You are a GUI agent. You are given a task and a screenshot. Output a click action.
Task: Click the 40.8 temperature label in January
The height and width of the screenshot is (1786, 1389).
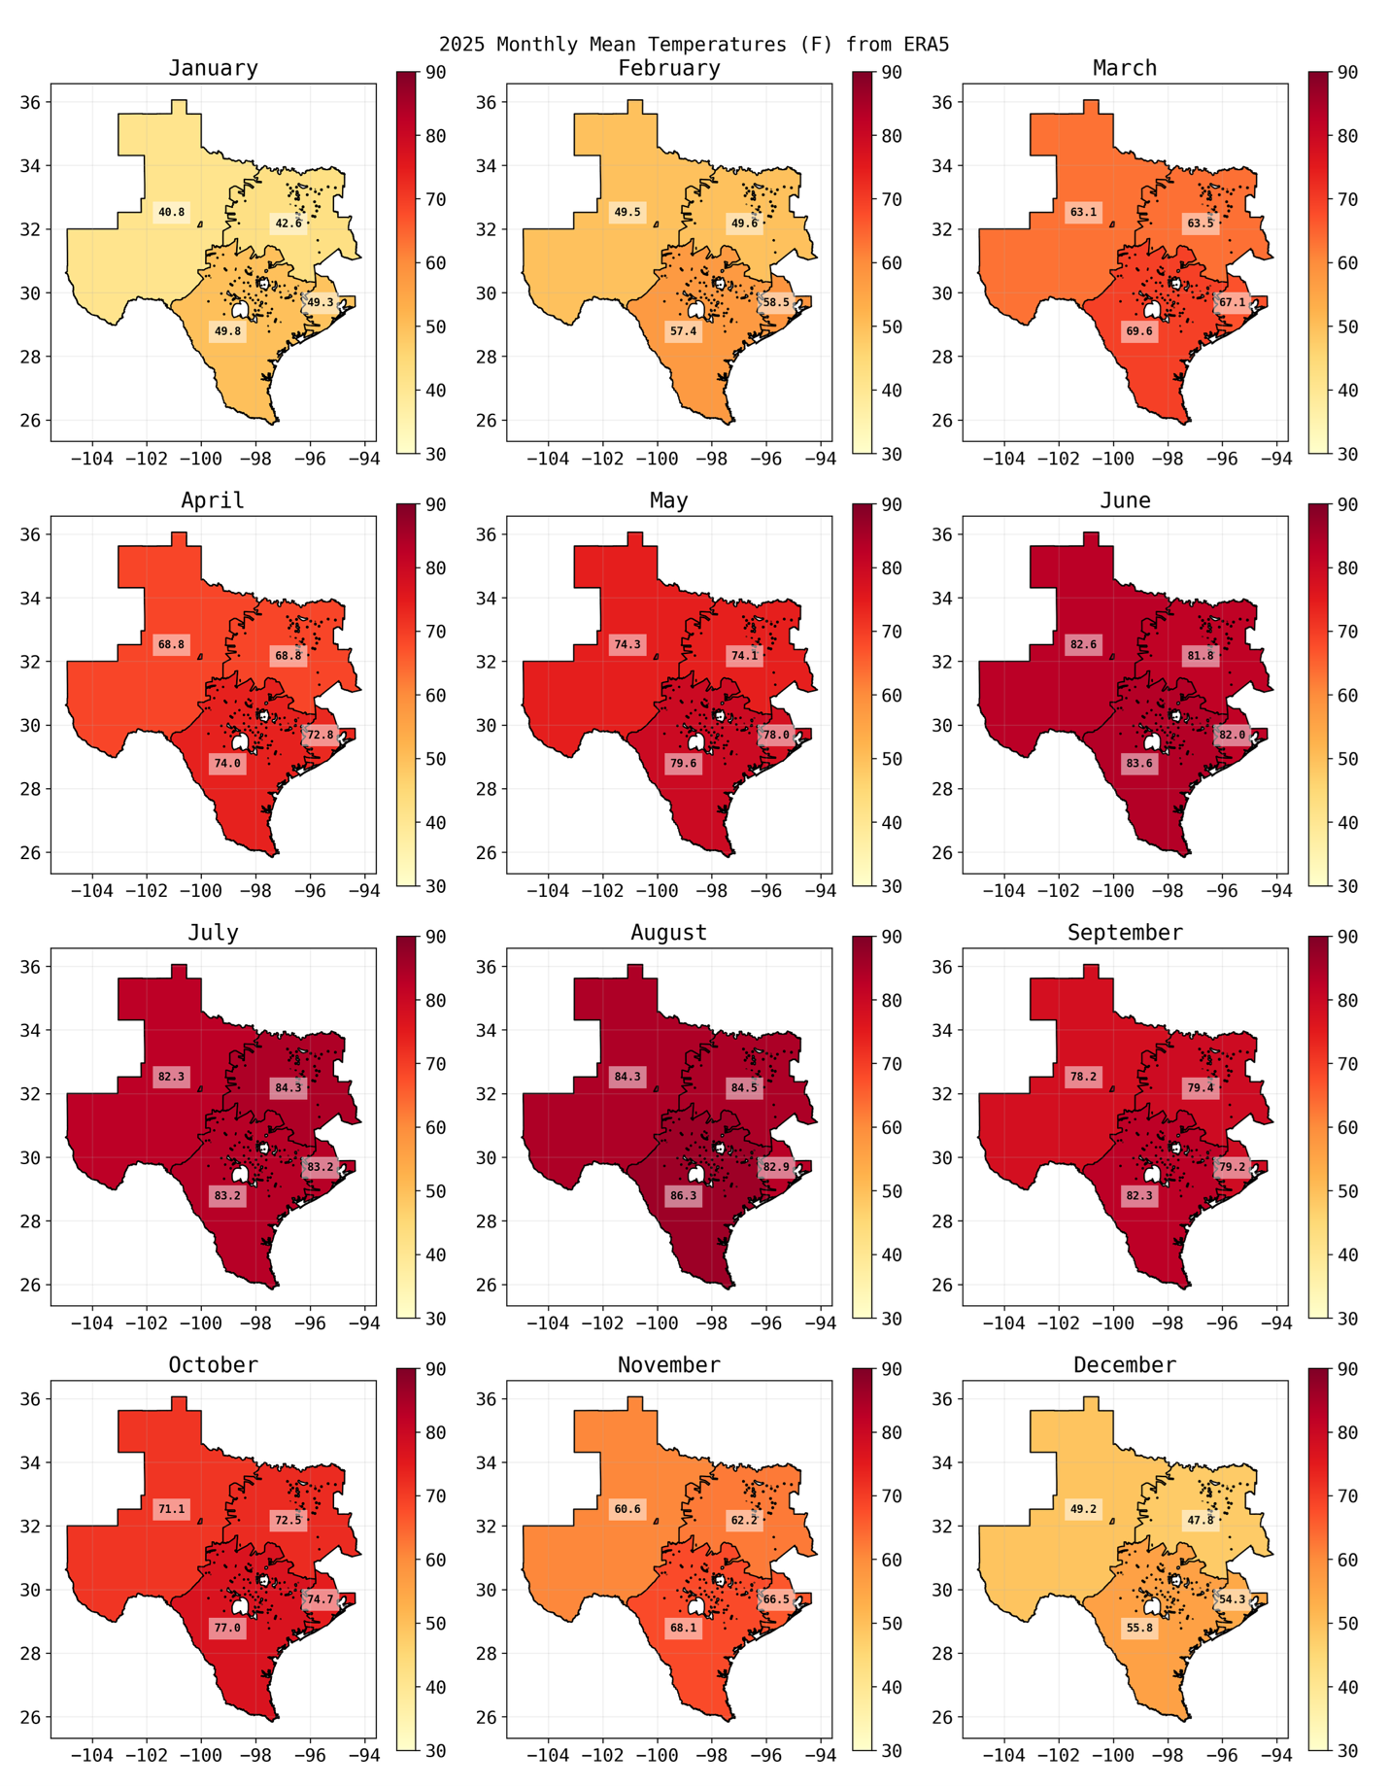click(x=172, y=212)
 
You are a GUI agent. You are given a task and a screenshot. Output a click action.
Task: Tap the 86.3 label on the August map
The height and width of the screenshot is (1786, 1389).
click(x=684, y=1196)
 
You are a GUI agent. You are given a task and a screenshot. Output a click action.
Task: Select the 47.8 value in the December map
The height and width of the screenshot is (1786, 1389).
click(x=1201, y=1520)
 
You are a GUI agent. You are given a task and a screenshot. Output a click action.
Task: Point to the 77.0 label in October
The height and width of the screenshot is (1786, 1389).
click(x=227, y=1628)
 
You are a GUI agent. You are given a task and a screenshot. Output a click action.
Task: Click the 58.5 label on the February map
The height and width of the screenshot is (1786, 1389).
click(x=776, y=302)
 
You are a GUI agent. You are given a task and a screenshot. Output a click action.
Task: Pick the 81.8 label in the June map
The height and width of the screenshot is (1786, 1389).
click(x=1201, y=656)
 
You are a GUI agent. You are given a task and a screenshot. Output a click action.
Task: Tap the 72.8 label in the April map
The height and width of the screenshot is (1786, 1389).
click(x=321, y=735)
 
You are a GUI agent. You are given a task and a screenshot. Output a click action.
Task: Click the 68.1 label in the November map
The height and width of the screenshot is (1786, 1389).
click(x=684, y=1628)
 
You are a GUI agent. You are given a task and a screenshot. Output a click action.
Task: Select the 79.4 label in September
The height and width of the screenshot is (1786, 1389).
click(x=1201, y=1087)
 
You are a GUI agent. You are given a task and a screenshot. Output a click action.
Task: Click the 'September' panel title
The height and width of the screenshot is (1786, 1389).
click(x=1125, y=933)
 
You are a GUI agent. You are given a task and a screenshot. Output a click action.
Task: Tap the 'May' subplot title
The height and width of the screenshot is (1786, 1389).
click(x=668, y=500)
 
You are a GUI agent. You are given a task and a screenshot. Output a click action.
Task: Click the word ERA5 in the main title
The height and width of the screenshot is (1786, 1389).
click(x=926, y=44)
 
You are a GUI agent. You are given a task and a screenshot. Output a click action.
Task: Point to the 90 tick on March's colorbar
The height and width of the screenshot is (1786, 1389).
click(x=1347, y=73)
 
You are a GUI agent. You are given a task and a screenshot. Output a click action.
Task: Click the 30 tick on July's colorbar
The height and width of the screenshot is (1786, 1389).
click(x=435, y=1319)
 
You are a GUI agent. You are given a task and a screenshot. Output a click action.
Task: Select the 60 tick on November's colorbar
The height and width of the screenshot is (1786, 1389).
click(x=891, y=1560)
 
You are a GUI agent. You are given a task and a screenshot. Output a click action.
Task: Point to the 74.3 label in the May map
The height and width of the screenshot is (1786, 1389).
click(x=627, y=644)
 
